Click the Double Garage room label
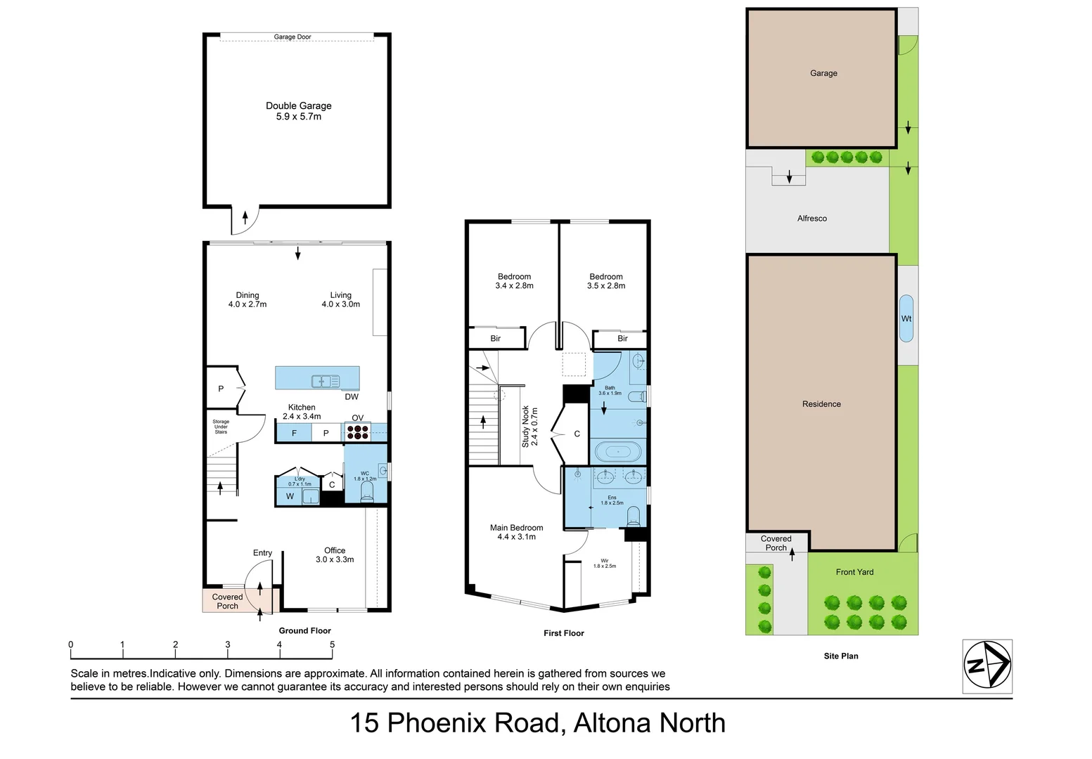point(298,111)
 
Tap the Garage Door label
point(293,37)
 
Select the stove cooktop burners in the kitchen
point(357,432)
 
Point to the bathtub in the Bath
point(618,451)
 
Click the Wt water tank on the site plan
point(906,318)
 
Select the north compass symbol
point(987,664)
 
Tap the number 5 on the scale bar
point(332,644)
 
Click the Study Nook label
point(529,427)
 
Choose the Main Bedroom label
point(516,532)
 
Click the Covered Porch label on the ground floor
point(227,602)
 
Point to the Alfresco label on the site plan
point(811,219)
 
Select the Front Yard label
point(854,572)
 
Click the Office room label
point(335,555)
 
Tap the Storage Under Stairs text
point(221,427)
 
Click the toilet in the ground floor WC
point(366,493)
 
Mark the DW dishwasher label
point(352,397)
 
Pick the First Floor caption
point(563,633)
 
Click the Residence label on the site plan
point(821,404)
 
